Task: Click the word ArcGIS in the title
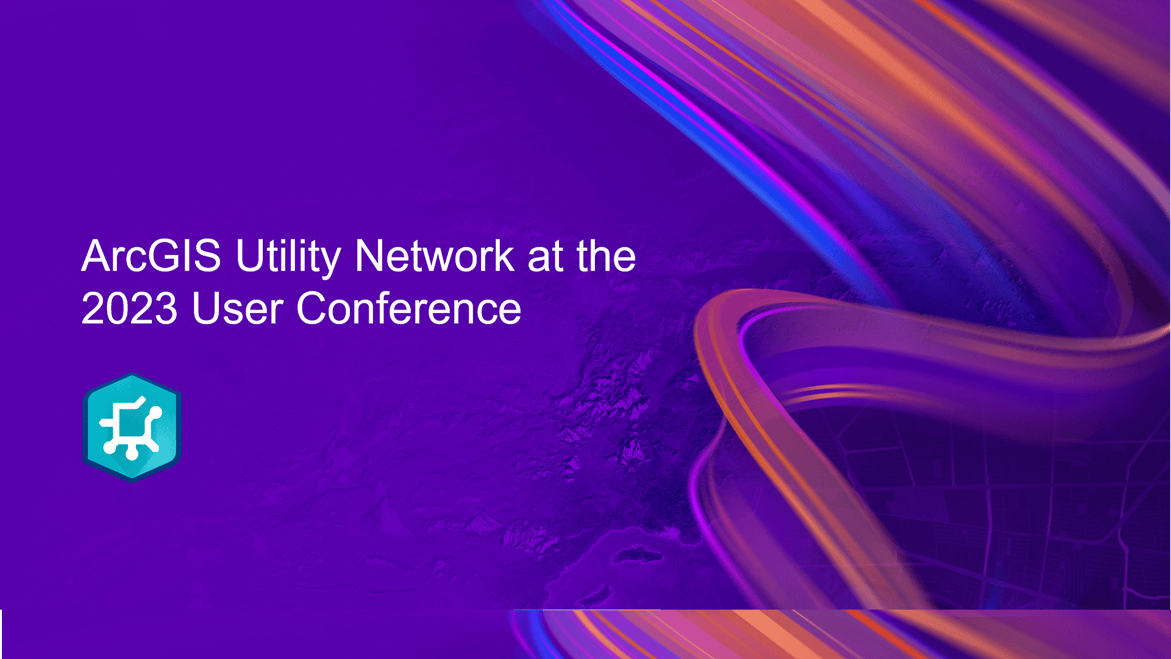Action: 151,256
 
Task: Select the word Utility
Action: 288,257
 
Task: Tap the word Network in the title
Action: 435,256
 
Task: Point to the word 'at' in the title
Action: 545,257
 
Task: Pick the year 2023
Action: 129,309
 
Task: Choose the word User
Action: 238,309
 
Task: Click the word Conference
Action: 409,309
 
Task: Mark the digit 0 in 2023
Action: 116,309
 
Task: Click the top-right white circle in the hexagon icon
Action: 155,413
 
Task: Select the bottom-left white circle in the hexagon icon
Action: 109,447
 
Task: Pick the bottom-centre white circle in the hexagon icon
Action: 132,454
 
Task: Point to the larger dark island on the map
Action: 638,555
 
